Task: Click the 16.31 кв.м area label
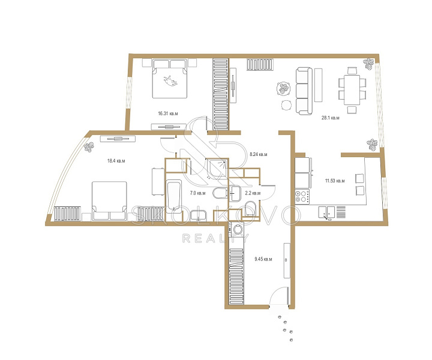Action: pos(168,113)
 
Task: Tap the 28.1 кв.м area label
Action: pos(331,118)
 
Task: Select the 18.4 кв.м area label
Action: pos(116,161)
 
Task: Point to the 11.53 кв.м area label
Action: pos(335,181)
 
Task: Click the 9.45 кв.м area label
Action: pos(263,259)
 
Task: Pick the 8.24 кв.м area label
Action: pos(259,154)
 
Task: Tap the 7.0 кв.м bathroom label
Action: pos(198,193)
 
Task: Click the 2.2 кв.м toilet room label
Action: pos(253,193)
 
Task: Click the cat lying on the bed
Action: pos(170,81)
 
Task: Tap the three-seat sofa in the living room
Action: pos(304,91)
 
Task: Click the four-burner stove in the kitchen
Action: pos(302,196)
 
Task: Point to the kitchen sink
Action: pos(327,212)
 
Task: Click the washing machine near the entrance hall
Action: pos(236,229)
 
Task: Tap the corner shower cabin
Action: pos(217,169)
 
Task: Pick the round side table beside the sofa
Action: pos(287,105)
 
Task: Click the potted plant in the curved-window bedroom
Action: pos(89,147)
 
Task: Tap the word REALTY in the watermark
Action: pos(215,239)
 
